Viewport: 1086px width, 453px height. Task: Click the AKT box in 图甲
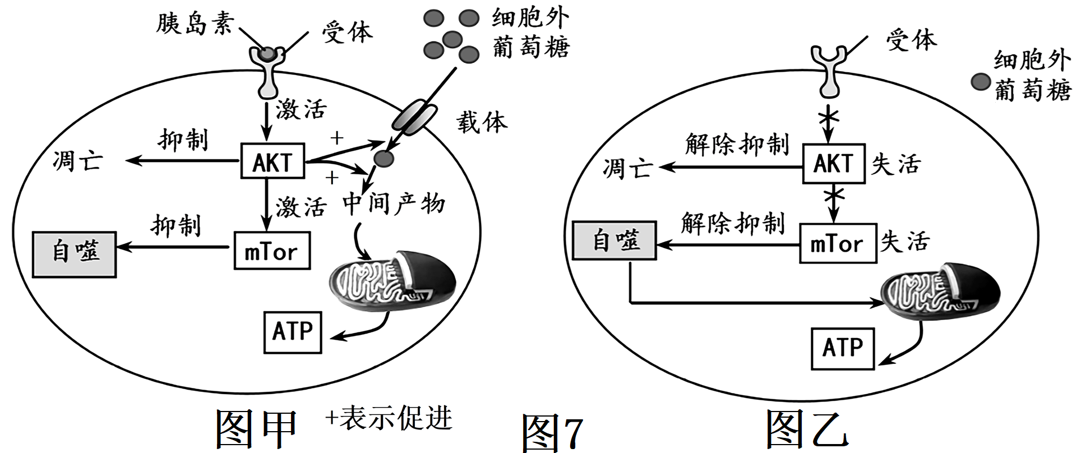272,161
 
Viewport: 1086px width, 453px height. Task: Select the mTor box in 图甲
272,251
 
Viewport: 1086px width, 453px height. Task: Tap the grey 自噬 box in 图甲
75,255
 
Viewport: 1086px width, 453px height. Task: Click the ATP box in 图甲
293,332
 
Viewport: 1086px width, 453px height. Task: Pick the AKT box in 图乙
834,164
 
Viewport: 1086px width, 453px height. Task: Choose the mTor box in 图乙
838,243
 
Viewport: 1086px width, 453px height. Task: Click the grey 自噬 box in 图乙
614,241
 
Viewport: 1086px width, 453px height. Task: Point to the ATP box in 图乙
843,348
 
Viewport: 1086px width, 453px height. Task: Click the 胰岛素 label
194,24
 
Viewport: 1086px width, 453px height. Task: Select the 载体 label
482,122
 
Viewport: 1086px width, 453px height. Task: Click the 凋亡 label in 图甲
77,161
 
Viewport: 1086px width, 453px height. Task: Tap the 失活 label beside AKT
895,164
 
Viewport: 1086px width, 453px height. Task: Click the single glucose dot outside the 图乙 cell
981,82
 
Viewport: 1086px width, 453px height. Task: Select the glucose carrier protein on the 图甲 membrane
415,118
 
